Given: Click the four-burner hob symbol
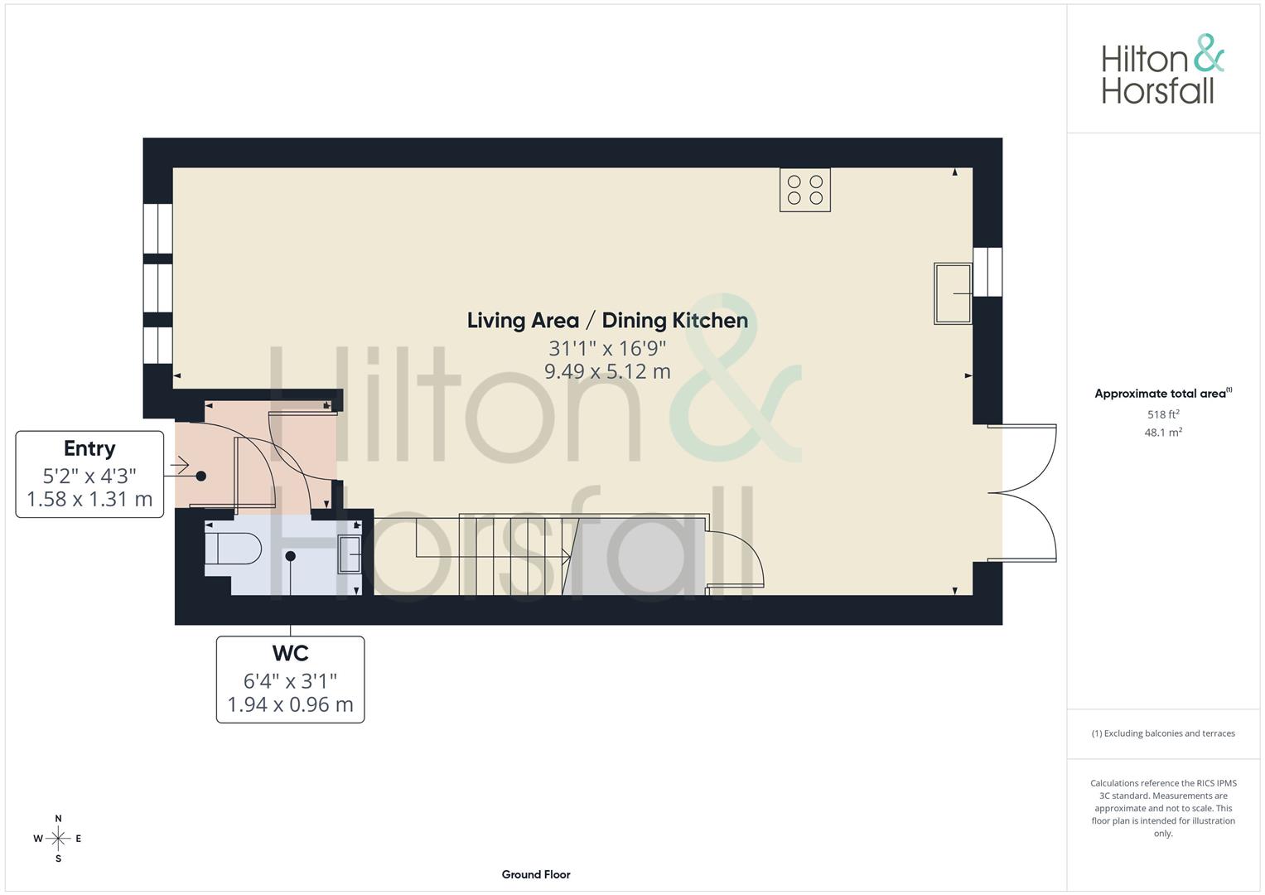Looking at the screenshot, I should (x=804, y=190).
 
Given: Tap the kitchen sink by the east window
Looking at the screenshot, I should (x=953, y=293).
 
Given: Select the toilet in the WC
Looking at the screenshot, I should (x=233, y=549).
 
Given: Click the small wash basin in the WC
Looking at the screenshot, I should (x=350, y=554).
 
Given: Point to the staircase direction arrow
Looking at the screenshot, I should (x=566, y=556).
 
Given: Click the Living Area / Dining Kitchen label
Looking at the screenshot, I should (x=607, y=321).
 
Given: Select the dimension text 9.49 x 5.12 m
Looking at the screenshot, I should (x=607, y=372).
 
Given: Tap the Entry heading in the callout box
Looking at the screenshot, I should (x=89, y=448).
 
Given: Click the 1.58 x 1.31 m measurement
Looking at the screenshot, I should (x=89, y=499).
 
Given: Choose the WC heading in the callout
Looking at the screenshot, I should (x=290, y=654).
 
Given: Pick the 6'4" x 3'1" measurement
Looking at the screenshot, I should (x=290, y=681).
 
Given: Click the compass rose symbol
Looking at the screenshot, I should (x=58, y=839).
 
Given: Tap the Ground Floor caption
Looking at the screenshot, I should (x=536, y=874).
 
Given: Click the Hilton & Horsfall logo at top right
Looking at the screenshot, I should (x=1162, y=70).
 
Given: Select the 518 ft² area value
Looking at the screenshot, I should (x=1163, y=414).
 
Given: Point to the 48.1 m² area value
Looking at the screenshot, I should (x=1163, y=433).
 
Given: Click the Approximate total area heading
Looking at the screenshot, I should (x=1162, y=394).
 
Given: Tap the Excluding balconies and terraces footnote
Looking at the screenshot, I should (x=1163, y=733).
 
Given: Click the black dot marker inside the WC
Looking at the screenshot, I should (x=291, y=556).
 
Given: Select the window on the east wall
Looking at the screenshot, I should (x=987, y=272).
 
